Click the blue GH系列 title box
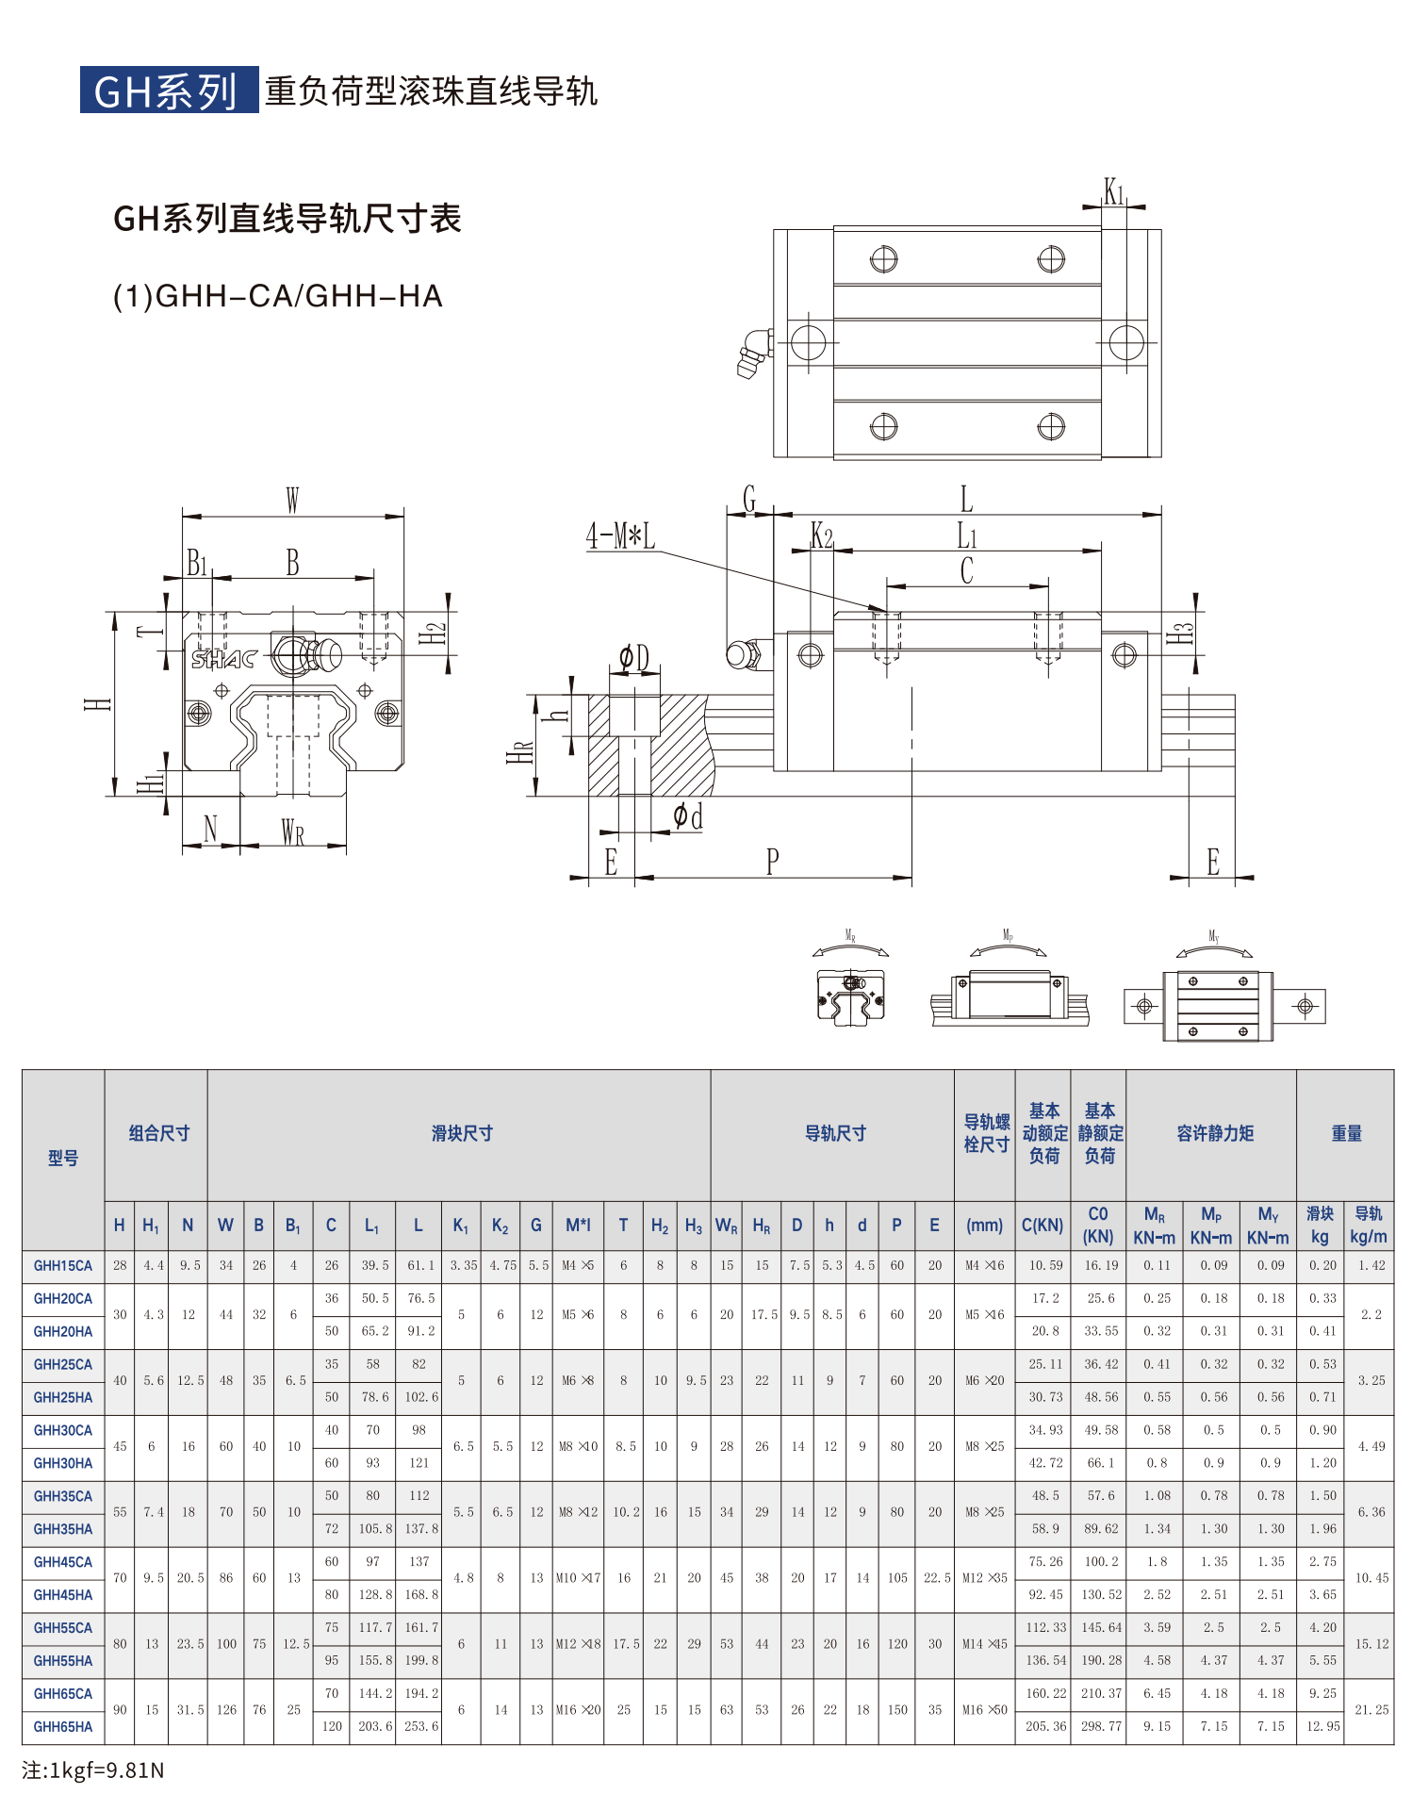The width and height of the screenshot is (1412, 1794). [x=168, y=91]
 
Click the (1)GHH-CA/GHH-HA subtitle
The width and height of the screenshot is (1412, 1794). [x=277, y=296]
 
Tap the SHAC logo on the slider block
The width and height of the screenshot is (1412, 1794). [x=223, y=658]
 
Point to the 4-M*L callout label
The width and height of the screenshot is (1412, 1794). [x=620, y=536]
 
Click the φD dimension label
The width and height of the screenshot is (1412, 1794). [x=634, y=657]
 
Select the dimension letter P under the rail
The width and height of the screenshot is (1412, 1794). [x=772, y=862]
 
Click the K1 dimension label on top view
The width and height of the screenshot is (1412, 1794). [x=1114, y=192]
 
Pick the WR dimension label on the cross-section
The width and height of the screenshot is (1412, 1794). [x=293, y=832]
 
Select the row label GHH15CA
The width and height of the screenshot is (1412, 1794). [x=63, y=1266]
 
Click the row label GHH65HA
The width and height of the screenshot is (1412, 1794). [x=63, y=1727]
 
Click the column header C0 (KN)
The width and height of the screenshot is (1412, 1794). [x=1098, y=1225]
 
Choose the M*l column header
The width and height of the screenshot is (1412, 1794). [x=578, y=1226]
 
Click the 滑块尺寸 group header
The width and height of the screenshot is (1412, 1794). [x=462, y=1134]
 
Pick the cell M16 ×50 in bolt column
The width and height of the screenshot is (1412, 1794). [x=984, y=1710]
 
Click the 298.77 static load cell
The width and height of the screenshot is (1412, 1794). [x=1101, y=1727]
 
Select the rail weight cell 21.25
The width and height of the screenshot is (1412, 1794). [x=1371, y=1710]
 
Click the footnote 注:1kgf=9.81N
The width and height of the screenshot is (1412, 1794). [x=93, y=1769]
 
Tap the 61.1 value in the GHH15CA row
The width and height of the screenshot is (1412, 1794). [x=420, y=1266]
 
